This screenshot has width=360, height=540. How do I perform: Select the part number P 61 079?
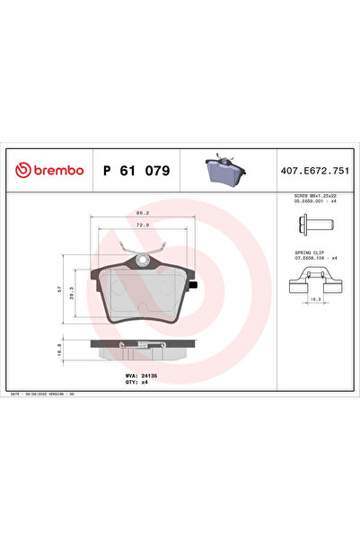click(136, 169)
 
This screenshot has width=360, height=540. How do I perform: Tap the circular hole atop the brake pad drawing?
click(141, 261)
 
